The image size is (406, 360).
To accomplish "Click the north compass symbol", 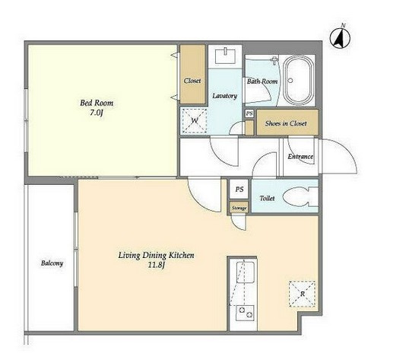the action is pos(340,38).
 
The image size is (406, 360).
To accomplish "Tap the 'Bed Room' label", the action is pos(97,103).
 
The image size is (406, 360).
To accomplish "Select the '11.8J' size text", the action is pos(156,266).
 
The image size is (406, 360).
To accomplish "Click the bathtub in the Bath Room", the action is pos(298,81).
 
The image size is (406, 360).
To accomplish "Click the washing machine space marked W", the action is pos(194,120).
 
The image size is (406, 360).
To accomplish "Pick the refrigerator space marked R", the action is pos(302,294).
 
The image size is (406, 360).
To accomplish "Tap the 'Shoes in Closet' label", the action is pos(286,123).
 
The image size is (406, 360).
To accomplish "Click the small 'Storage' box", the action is pos(239,208).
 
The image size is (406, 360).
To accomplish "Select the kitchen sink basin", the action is pos(246,272).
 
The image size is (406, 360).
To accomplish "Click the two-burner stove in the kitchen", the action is pos(245,313).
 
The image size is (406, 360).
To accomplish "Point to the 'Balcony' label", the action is pos(52,263).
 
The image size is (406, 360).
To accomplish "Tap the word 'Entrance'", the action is pos(300,156).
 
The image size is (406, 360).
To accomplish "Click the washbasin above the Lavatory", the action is pos(225,56).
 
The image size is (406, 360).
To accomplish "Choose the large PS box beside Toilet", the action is pos(239,189).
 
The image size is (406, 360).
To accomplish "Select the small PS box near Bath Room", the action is pos(249,113).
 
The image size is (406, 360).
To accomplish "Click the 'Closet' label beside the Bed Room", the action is pos(192,81).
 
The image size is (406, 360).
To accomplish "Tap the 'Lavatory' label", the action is pos(225,96).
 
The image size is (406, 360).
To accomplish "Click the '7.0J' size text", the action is pos(97,113).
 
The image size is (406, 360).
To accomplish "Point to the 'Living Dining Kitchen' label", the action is pos(156,255).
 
